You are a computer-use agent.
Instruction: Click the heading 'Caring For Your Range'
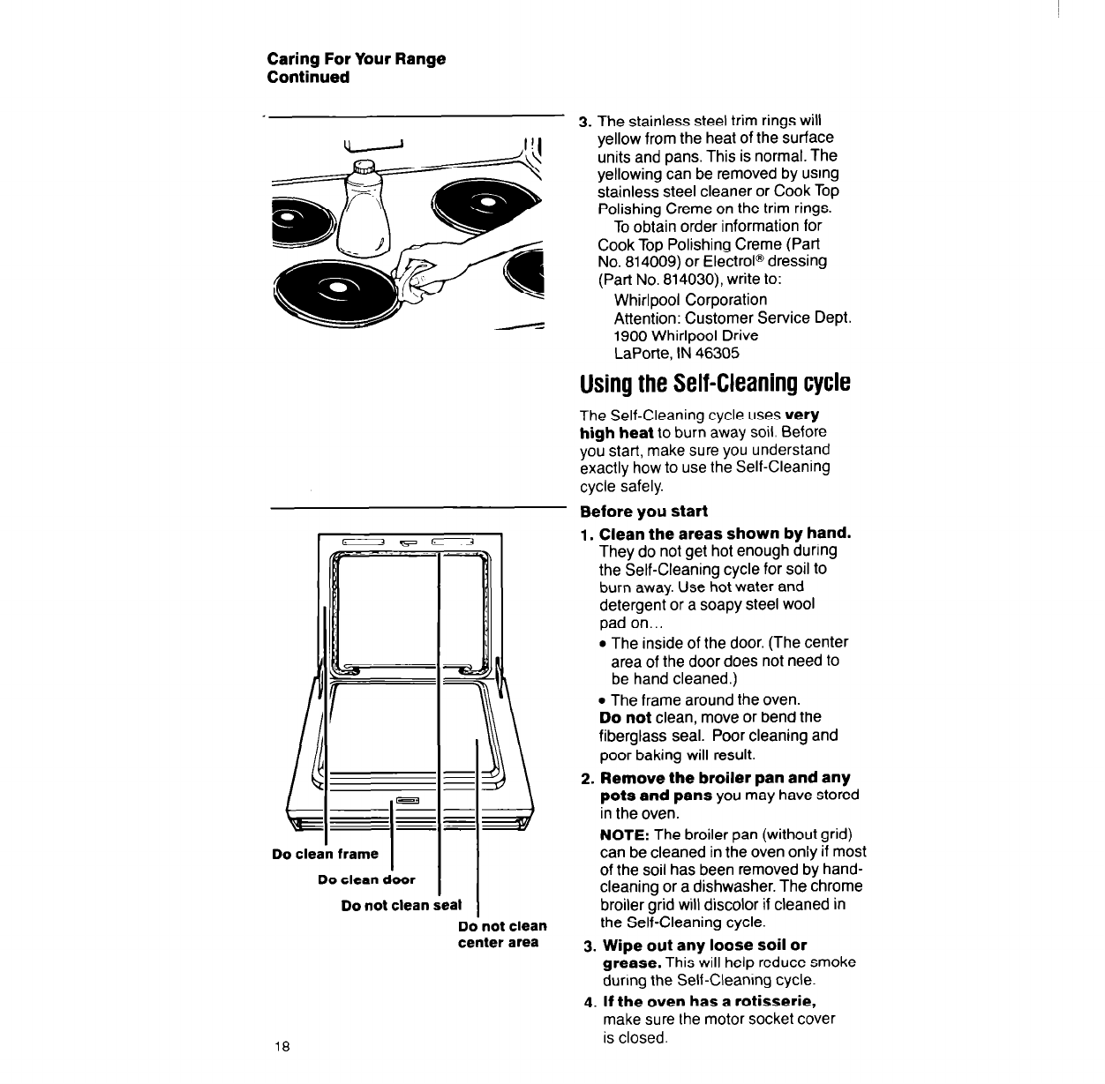point(356,59)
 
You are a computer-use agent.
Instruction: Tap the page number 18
point(282,1047)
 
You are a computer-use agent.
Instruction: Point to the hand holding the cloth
point(428,265)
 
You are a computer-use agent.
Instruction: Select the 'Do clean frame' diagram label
point(325,854)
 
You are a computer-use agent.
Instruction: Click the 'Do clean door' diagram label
point(366,879)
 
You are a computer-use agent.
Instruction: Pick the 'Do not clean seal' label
point(401,905)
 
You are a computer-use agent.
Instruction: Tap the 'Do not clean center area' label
point(501,934)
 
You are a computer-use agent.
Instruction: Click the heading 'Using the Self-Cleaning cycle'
point(715,385)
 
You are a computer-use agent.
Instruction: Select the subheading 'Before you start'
point(643,512)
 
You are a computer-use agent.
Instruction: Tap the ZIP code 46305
point(718,354)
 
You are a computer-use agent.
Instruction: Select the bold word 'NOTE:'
point(625,834)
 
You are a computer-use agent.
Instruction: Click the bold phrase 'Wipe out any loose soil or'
point(704,946)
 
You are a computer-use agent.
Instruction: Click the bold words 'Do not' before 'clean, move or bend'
point(625,718)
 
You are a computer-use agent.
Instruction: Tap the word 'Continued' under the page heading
point(308,77)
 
